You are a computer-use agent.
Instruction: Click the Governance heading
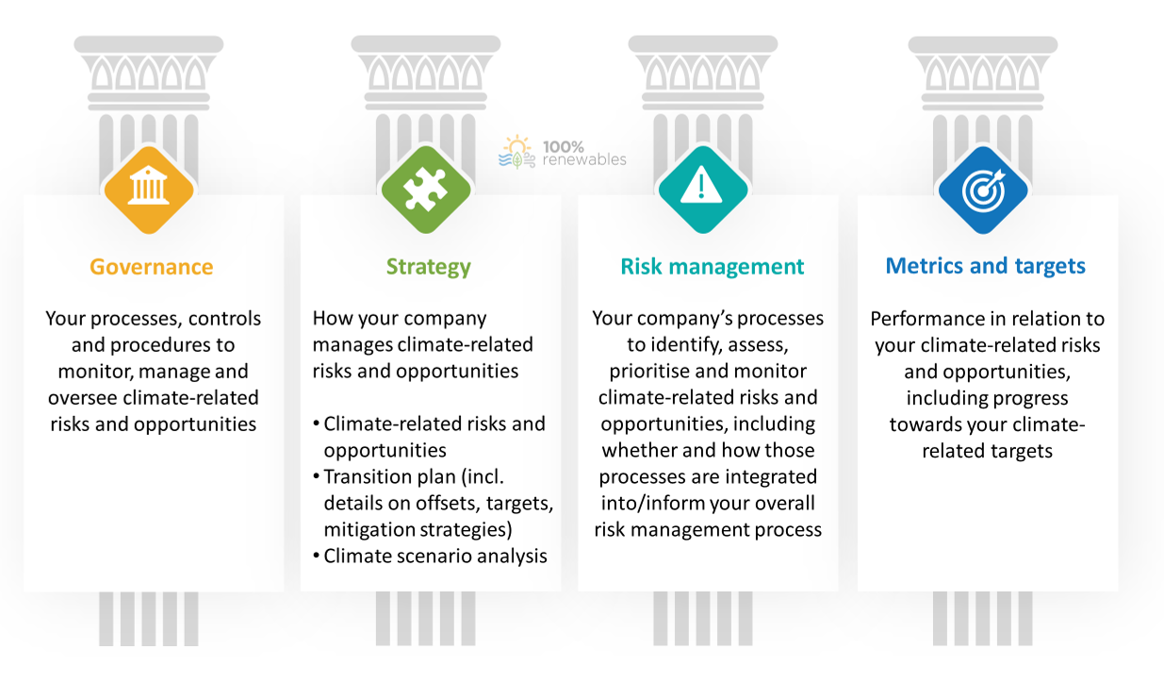(x=151, y=267)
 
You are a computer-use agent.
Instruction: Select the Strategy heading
(x=428, y=267)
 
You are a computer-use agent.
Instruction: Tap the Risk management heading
(x=712, y=266)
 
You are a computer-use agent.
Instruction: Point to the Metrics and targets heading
(x=985, y=266)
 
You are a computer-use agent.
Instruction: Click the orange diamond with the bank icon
(x=149, y=190)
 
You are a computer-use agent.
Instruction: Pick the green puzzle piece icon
(x=426, y=190)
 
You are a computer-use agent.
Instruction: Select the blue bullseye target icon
(x=983, y=190)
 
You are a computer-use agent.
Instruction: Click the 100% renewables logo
(x=563, y=153)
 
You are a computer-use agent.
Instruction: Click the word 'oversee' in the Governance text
(x=83, y=398)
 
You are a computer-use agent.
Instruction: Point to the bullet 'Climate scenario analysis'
(x=431, y=557)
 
